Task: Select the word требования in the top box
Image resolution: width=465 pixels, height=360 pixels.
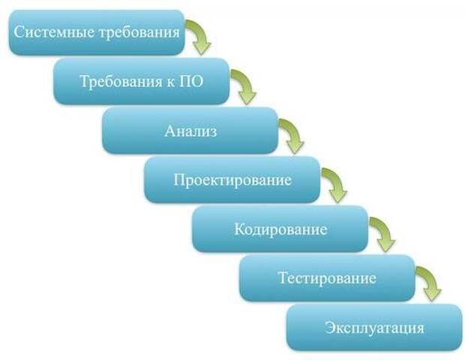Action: tap(139, 32)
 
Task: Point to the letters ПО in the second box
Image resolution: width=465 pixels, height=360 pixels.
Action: tap(191, 81)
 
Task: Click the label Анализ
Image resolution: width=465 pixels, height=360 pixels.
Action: tap(190, 130)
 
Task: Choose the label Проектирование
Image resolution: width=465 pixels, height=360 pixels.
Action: tap(232, 180)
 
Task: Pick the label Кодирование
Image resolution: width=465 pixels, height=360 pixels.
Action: tap(280, 229)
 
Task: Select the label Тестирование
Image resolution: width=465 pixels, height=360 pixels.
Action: tap(328, 278)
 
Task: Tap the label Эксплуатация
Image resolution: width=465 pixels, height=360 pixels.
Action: tap(374, 328)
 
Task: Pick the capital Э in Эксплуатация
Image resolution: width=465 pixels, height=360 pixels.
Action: tap(330, 327)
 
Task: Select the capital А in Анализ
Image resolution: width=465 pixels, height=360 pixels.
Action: tap(170, 130)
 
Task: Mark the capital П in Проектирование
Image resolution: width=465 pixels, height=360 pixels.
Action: tap(180, 179)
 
